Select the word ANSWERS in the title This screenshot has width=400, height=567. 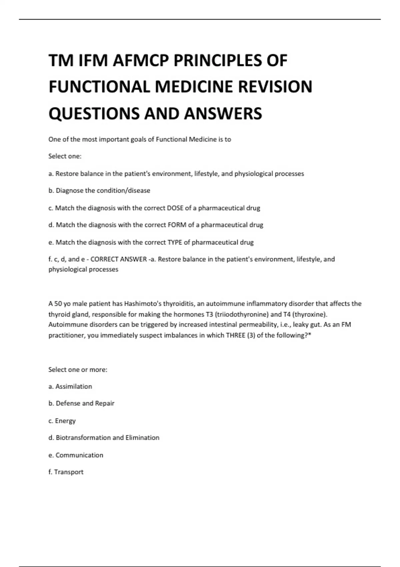pos(223,113)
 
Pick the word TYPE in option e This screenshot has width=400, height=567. pos(174,242)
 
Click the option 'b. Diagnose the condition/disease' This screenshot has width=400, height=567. pos(99,190)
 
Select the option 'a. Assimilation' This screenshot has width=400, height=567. pos(70,386)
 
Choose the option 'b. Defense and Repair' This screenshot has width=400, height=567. pos(81,403)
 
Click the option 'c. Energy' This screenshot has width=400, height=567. pos(62,421)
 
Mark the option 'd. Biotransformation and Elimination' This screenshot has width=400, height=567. pos(104,438)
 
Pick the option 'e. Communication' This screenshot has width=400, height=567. pos(76,455)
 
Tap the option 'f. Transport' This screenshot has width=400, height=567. pos(66,472)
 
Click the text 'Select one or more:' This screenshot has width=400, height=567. pos(78,370)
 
